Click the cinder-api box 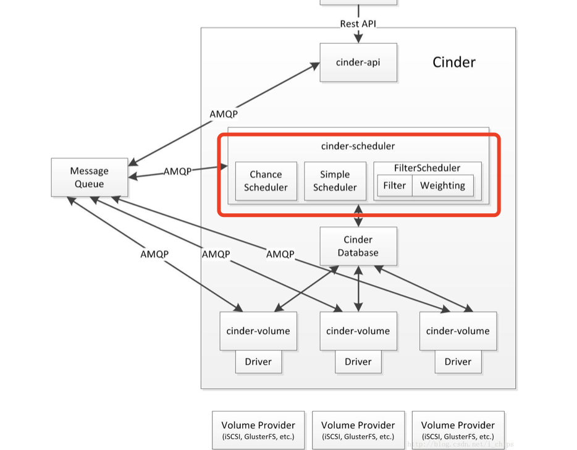click(x=358, y=62)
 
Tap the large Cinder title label click(x=453, y=62)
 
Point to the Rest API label click(x=358, y=24)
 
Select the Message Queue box click(x=89, y=177)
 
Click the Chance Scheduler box click(x=266, y=181)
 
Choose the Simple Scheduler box click(x=335, y=181)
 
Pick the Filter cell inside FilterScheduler click(x=394, y=185)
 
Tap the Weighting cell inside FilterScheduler click(x=442, y=185)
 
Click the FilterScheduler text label click(x=427, y=168)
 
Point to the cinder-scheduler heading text click(x=358, y=146)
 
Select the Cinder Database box click(x=358, y=246)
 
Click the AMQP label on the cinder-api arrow click(x=223, y=114)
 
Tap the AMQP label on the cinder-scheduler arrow click(x=177, y=171)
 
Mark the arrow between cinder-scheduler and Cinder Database click(x=358, y=216)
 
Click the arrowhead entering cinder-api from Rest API click(x=358, y=38)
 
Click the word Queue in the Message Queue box click(x=89, y=184)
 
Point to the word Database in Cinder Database click(x=358, y=253)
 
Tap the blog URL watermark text click(x=460, y=444)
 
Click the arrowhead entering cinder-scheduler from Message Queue click(x=223, y=166)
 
